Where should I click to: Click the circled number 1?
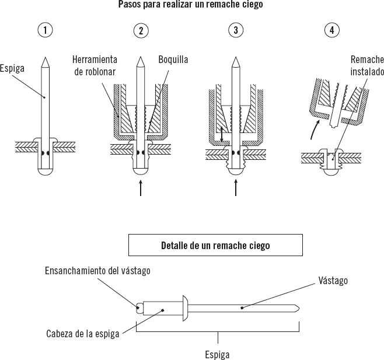[x=46, y=31]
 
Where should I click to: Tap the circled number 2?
[x=140, y=31]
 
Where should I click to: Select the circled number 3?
[x=235, y=31]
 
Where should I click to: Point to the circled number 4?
[x=332, y=31]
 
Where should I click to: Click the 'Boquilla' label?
[x=173, y=60]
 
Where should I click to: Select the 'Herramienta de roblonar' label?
[x=95, y=65]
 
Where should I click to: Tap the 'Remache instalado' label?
[x=367, y=65]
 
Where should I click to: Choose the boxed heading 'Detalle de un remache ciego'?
[x=215, y=245]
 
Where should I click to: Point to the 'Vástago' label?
[x=333, y=281]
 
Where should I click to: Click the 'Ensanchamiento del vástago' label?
[x=98, y=270]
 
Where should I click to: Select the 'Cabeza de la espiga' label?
[x=82, y=334]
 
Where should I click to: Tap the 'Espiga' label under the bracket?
[x=217, y=354]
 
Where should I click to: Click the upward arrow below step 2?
[x=141, y=188]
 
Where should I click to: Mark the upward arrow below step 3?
[x=236, y=188]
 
